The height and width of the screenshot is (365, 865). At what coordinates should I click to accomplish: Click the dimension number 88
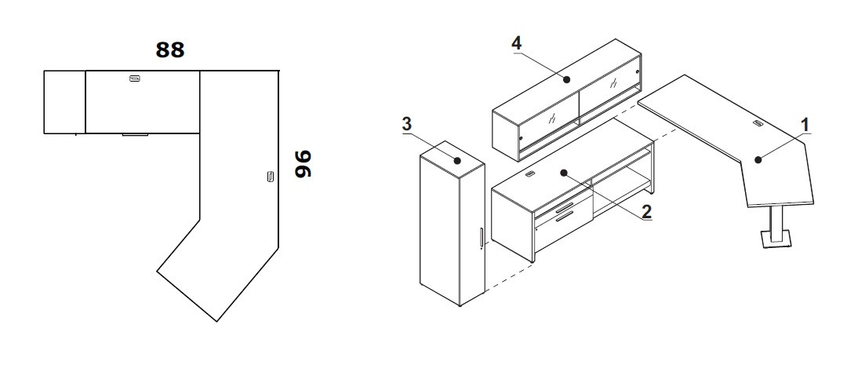click(x=170, y=49)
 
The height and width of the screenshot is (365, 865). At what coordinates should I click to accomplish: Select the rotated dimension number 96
click(x=303, y=164)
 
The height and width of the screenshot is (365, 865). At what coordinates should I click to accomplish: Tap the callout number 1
click(x=805, y=126)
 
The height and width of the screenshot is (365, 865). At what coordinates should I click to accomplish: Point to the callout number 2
click(x=646, y=211)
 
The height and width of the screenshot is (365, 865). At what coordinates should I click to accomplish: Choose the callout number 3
click(x=406, y=125)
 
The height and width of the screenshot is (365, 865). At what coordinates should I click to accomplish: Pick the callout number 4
click(x=516, y=44)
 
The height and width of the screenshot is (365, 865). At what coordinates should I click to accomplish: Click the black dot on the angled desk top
click(x=758, y=160)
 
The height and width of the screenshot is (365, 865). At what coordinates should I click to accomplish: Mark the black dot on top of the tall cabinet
click(x=457, y=161)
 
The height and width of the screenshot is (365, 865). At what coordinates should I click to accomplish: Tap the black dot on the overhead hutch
click(x=566, y=80)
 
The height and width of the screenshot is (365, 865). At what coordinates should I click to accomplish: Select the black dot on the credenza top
click(x=564, y=173)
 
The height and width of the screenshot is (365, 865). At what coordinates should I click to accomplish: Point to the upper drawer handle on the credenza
click(x=564, y=208)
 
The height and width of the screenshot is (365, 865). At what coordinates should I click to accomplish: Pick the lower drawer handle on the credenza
click(x=565, y=217)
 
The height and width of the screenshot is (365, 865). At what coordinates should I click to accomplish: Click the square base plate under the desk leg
click(x=776, y=239)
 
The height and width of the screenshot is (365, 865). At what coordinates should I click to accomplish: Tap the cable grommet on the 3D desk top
click(x=758, y=123)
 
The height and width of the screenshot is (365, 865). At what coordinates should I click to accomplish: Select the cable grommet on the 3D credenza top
click(x=531, y=174)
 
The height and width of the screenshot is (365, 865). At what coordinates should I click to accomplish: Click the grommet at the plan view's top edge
click(x=135, y=78)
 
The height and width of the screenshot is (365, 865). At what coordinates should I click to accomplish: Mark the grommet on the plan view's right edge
click(x=270, y=177)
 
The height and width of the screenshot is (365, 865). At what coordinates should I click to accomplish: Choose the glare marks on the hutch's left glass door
click(x=551, y=119)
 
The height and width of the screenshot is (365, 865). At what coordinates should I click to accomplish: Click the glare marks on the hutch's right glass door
click(x=613, y=83)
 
